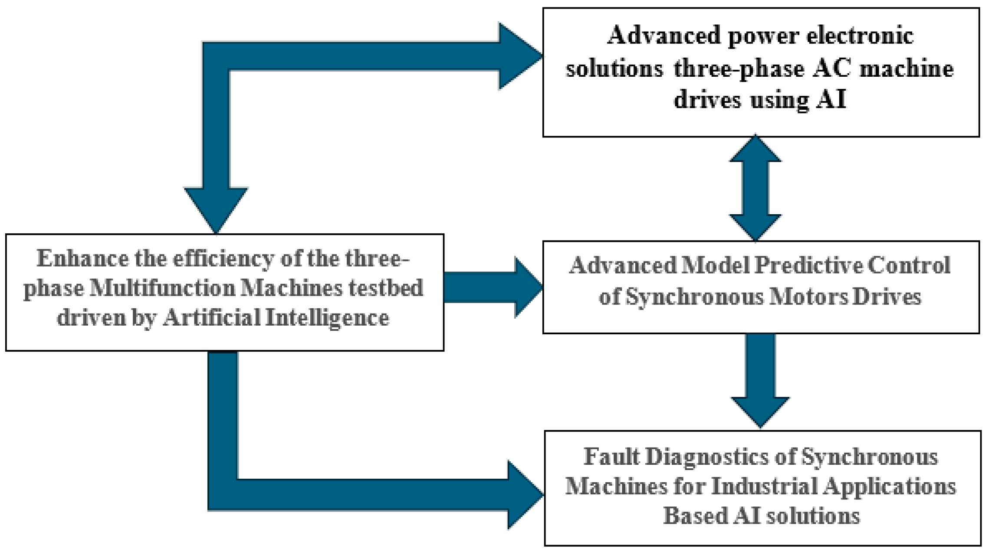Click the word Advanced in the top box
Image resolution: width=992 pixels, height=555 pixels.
pyautogui.click(x=664, y=36)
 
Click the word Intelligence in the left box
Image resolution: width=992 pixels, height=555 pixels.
pyautogui.click(x=327, y=318)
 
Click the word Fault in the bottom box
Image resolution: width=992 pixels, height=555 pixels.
pyautogui.click(x=611, y=457)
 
